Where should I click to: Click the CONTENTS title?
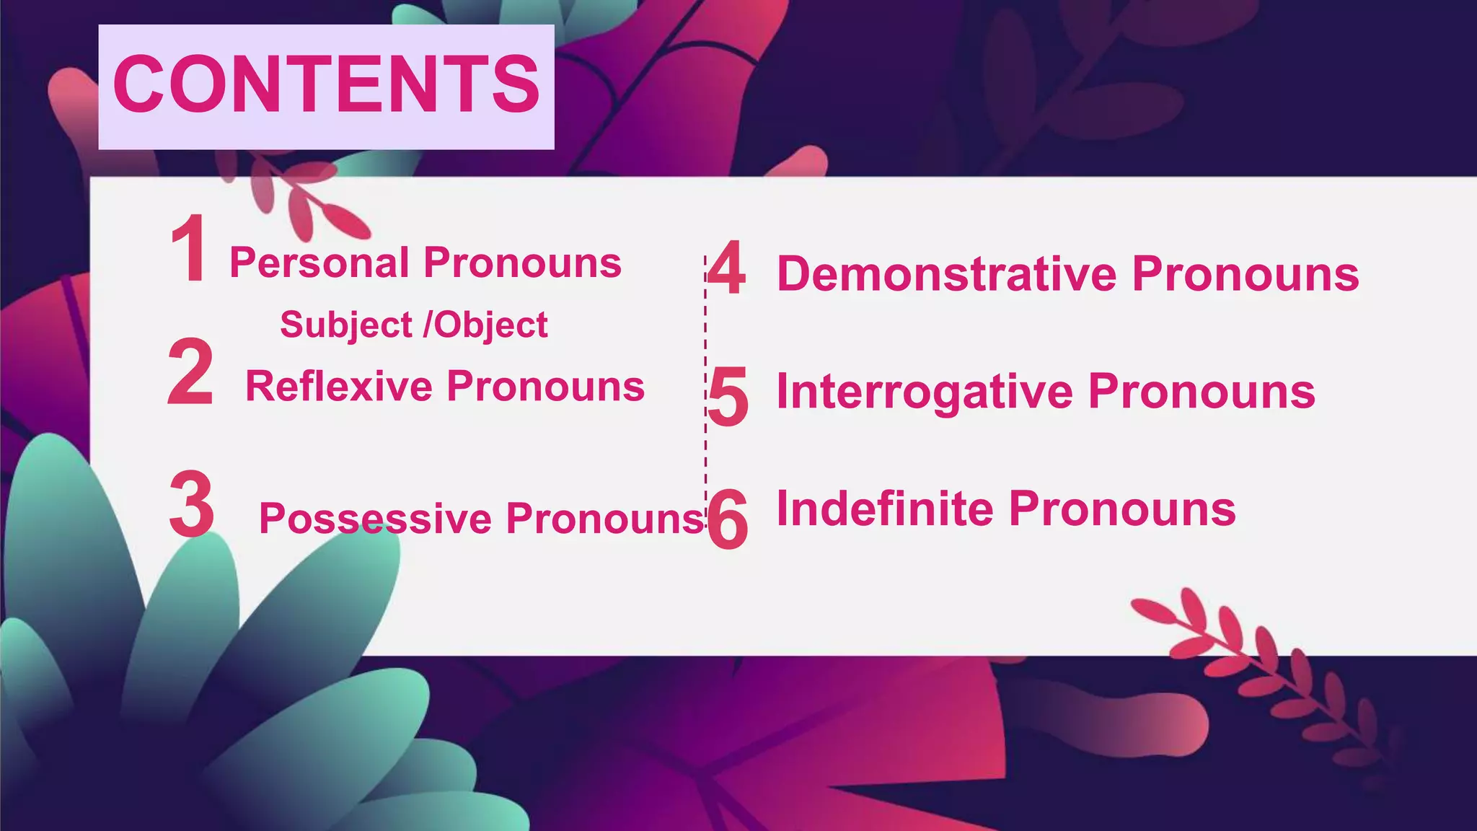coord(326,84)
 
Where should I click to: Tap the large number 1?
coord(190,249)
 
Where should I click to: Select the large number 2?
coord(190,372)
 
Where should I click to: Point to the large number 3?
coord(192,504)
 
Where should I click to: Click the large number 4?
coord(726,268)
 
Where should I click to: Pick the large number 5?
coord(728,396)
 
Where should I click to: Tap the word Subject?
coord(346,325)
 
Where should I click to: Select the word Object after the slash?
coord(490,325)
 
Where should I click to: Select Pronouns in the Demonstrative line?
coord(1245,274)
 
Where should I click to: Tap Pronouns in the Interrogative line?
coord(1202,392)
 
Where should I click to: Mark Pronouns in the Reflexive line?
coord(546,387)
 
